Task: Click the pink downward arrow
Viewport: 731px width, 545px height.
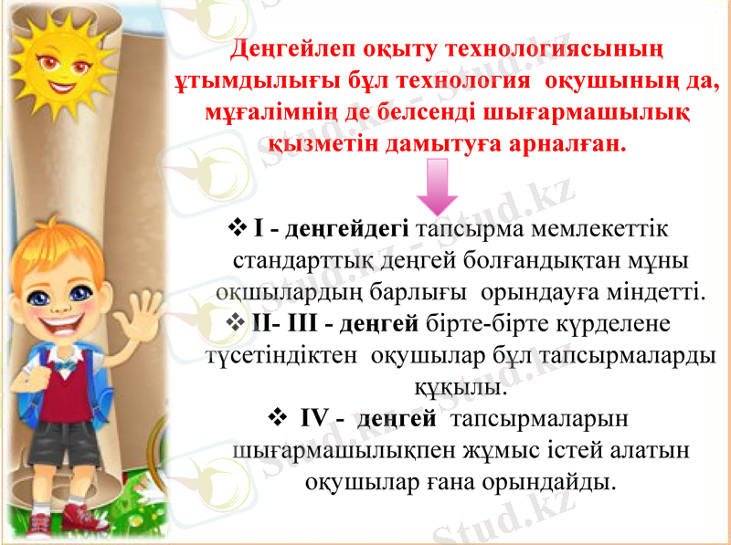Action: [x=437, y=187]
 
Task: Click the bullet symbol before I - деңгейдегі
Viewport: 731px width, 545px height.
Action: [x=240, y=226]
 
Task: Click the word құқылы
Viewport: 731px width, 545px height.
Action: [x=461, y=387]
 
